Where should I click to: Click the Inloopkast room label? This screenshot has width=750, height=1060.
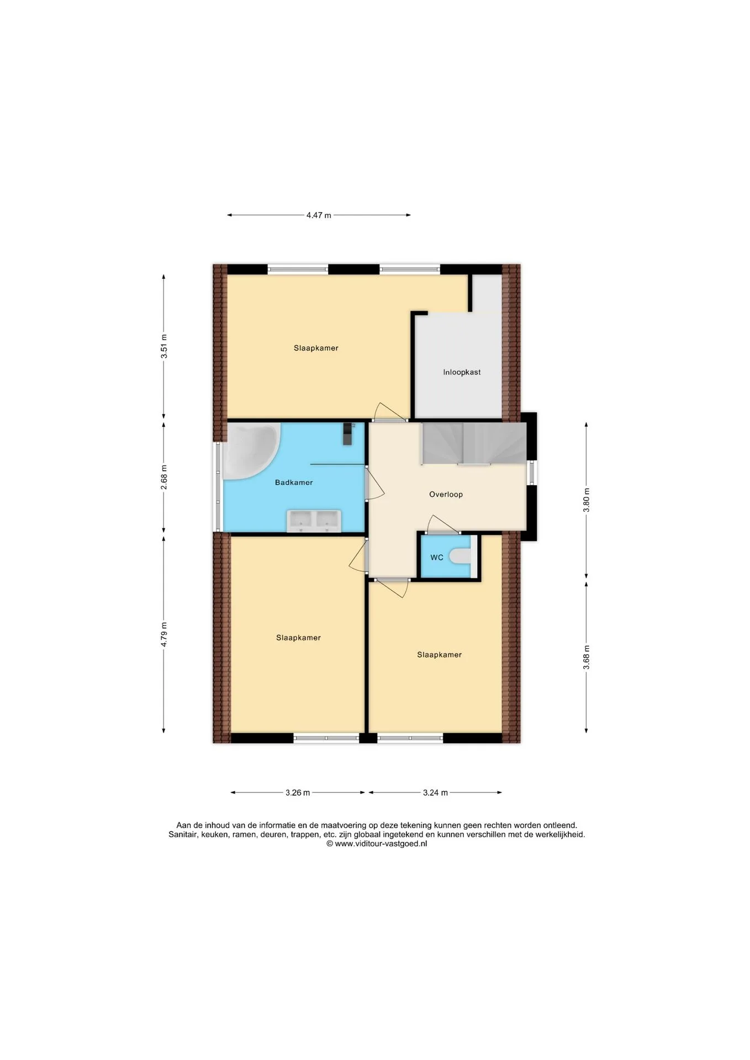pyautogui.click(x=462, y=372)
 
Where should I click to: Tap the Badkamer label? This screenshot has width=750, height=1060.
pyautogui.click(x=294, y=483)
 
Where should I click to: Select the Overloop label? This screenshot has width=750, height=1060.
pyautogui.click(x=446, y=495)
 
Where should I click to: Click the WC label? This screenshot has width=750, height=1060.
pyautogui.click(x=437, y=558)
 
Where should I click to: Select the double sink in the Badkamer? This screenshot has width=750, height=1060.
pyautogui.click(x=314, y=521)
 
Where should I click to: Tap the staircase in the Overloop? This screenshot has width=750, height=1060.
pyautogui.click(x=474, y=444)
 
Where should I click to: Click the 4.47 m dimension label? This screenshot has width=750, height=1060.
pyautogui.click(x=319, y=215)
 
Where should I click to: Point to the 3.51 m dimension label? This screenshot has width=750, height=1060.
pyautogui.click(x=163, y=346)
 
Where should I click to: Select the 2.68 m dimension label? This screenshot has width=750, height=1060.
pyautogui.click(x=163, y=477)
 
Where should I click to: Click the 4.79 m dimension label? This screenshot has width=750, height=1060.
pyautogui.click(x=163, y=634)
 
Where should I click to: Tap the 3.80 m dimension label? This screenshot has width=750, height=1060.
pyautogui.click(x=587, y=500)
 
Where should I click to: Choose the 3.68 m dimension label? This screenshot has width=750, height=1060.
pyautogui.click(x=587, y=658)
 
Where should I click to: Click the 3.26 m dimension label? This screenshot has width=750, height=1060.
pyautogui.click(x=298, y=793)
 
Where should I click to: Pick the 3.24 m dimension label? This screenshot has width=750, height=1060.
pyautogui.click(x=435, y=793)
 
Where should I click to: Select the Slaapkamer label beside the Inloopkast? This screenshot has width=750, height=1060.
pyautogui.click(x=316, y=348)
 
